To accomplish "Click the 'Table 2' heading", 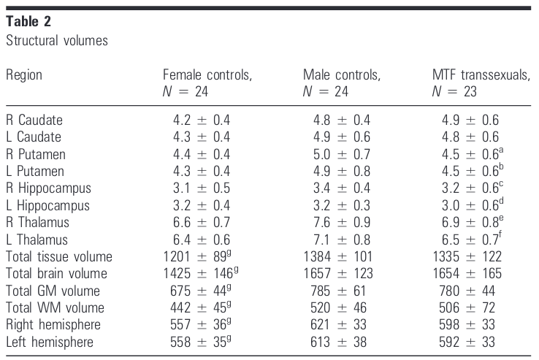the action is tap(28, 21).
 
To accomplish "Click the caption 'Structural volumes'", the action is tap(57, 41).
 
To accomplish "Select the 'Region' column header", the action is tap(24, 75).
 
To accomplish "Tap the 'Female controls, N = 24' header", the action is tap(207, 83).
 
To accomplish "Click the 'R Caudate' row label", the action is tap(34, 120).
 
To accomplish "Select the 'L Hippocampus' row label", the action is tap(47, 206).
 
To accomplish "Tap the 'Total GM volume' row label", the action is tap(53, 291).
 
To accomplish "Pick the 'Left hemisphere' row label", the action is tap(50, 342).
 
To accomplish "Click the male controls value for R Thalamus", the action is tap(342, 223).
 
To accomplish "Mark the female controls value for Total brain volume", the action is tap(201, 273).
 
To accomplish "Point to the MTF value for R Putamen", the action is tap(473, 153).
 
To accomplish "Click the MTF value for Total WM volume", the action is tap(467, 307).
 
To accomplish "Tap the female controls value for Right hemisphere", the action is tap(201, 324).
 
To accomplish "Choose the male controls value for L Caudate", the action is tap(342, 137).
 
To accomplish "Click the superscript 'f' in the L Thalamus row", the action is tap(500, 234).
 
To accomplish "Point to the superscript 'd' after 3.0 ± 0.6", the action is tap(501, 200).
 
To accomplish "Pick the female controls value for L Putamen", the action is tap(202, 171).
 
